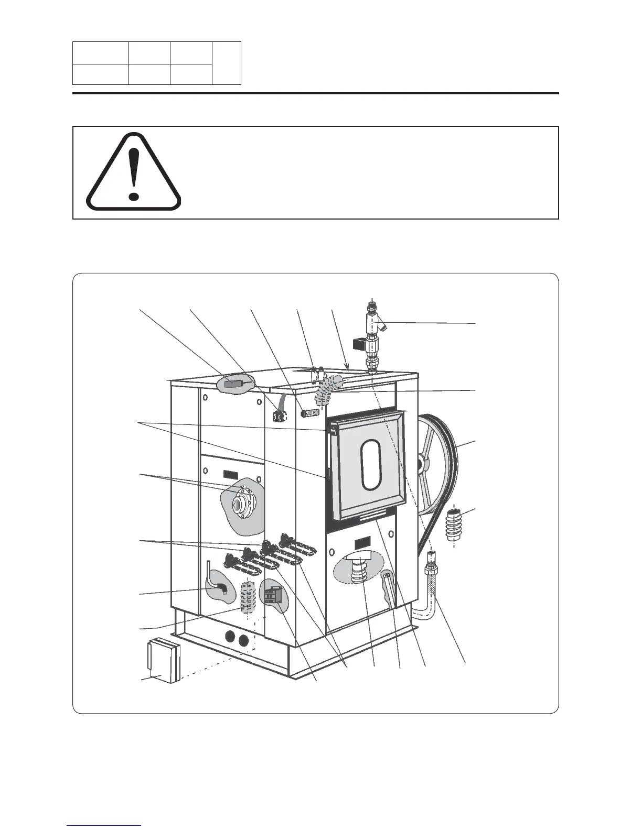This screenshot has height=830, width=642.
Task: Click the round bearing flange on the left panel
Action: click(x=241, y=505)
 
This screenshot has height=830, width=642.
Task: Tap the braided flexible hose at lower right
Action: click(x=433, y=585)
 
